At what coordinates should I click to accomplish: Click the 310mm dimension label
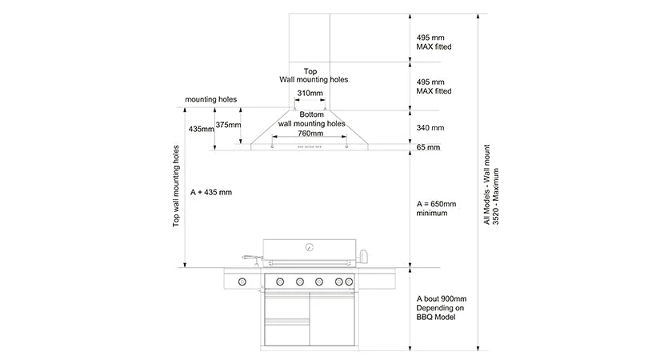(310, 94)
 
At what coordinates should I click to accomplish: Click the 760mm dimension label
(311, 134)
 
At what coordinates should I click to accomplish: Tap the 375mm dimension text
(228, 125)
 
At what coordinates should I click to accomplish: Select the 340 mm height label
(430, 128)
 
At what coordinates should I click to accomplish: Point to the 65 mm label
(428, 147)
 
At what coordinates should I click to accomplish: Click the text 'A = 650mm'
(436, 204)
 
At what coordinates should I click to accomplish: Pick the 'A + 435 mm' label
(211, 193)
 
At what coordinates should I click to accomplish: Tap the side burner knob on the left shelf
(242, 281)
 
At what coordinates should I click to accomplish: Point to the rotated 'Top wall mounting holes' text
(177, 186)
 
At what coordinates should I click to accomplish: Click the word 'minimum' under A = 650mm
(433, 214)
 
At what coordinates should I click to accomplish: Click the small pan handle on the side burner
(251, 258)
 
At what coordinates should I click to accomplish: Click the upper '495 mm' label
(430, 37)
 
